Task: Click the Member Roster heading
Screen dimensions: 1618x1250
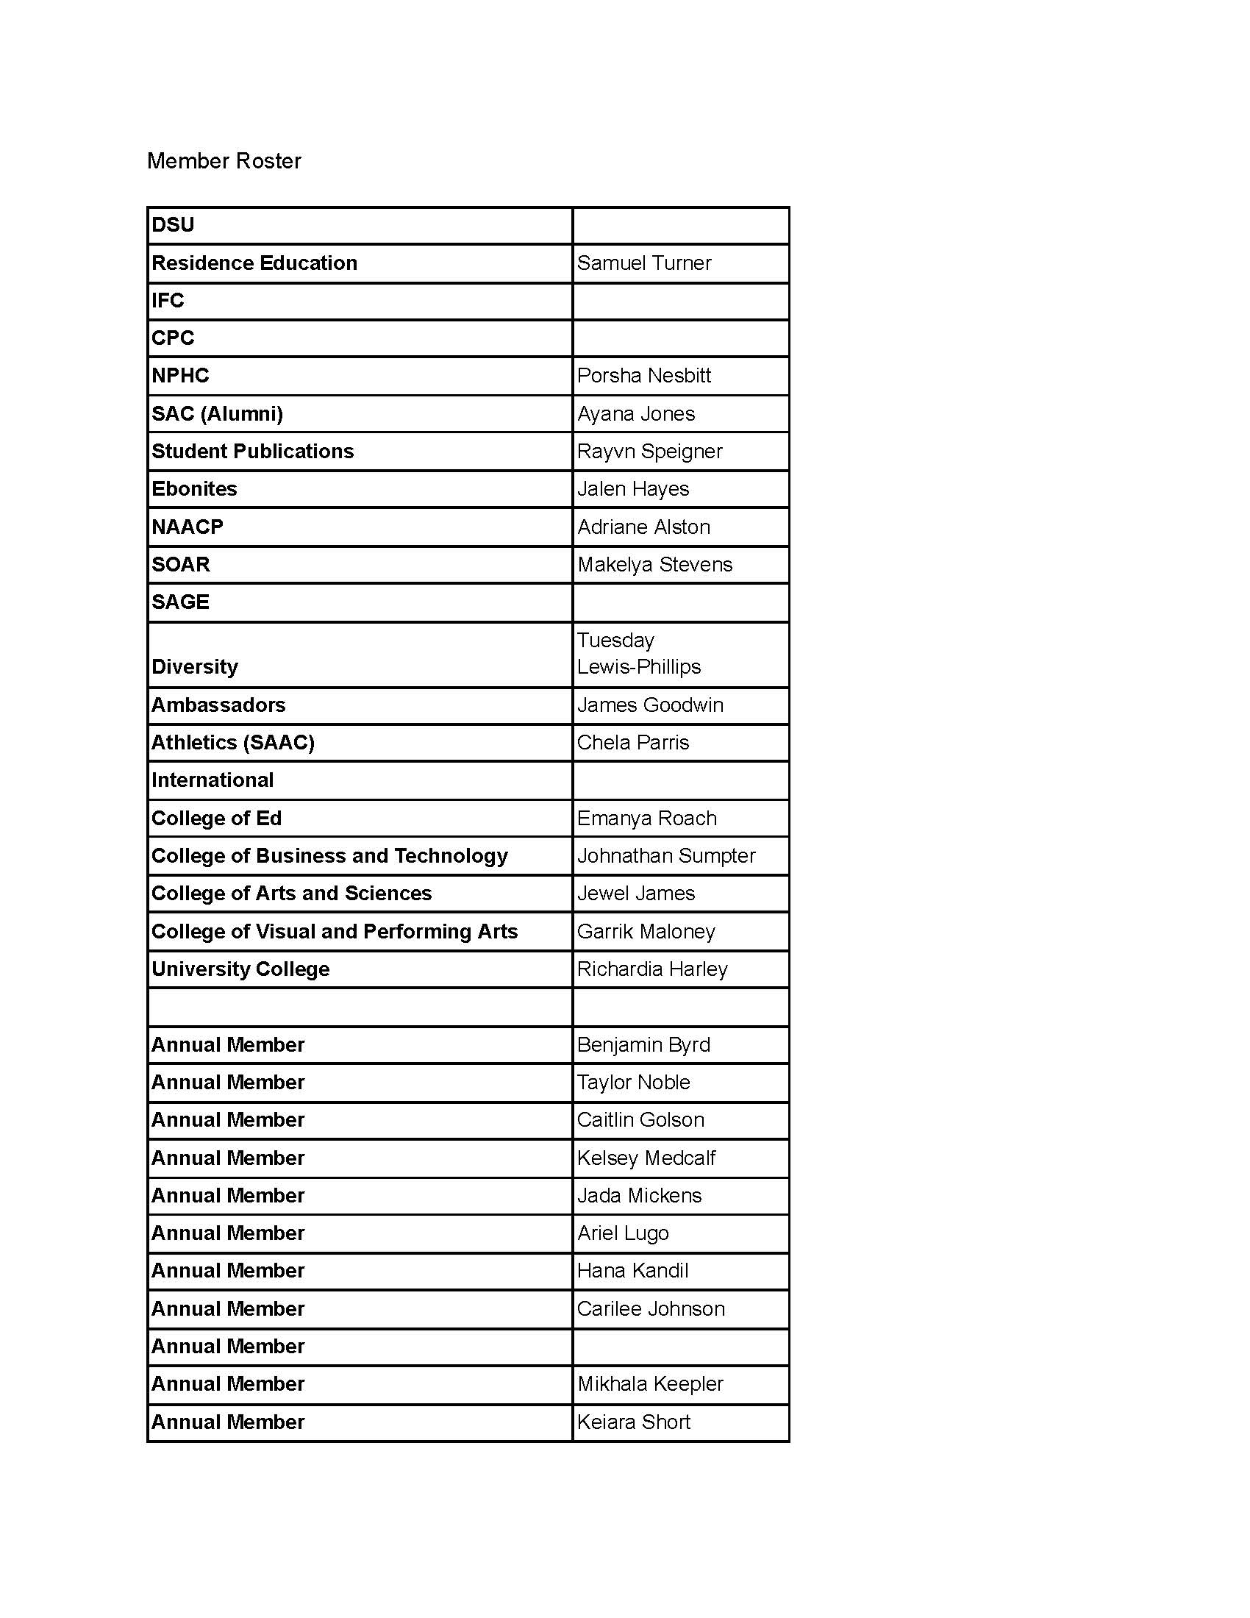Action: point(224,161)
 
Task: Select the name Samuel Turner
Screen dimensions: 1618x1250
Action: point(643,263)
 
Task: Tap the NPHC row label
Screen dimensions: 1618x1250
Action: point(180,376)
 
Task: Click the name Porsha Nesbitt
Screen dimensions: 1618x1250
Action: point(643,376)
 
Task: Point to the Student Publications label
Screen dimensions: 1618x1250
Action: point(252,451)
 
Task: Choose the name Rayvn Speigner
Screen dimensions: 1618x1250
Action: point(649,451)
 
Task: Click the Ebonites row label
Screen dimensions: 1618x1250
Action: point(194,489)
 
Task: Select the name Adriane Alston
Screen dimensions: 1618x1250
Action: point(643,527)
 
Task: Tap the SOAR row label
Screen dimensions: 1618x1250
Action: point(181,565)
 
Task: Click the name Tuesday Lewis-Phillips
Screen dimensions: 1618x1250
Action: point(638,653)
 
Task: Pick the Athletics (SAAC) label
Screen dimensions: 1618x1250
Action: point(232,742)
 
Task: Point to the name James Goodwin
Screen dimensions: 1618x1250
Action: point(649,705)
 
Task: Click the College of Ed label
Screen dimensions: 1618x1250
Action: point(216,818)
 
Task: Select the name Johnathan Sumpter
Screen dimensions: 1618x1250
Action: point(665,855)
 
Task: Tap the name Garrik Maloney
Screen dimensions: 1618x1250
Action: point(646,931)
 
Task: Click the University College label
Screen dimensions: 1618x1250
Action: point(240,969)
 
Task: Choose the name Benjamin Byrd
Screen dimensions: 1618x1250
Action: point(643,1044)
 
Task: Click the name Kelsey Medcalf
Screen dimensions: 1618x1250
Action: point(646,1158)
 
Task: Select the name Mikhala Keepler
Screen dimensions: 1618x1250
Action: point(649,1384)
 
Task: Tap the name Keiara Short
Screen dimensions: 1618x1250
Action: point(633,1422)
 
